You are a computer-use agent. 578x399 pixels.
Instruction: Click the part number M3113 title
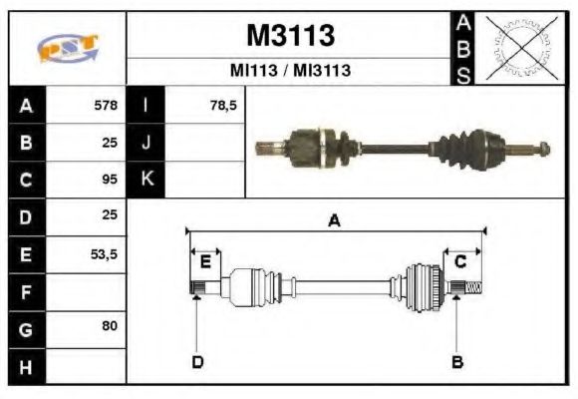pyautogui.click(x=289, y=36)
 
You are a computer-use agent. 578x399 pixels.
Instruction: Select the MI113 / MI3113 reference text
pyautogui.click(x=289, y=72)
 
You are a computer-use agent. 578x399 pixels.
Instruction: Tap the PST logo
pyautogui.click(x=68, y=48)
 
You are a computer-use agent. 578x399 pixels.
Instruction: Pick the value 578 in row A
pyautogui.click(x=106, y=105)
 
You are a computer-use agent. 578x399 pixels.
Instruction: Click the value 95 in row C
pyautogui.click(x=110, y=180)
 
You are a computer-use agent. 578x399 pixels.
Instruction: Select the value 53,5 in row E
pyautogui.click(x=104, y=254)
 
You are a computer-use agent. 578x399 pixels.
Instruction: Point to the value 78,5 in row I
pyautogui.click(x=223, y=105)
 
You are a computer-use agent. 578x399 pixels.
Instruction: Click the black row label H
pyautogui.click(x=27, y=366)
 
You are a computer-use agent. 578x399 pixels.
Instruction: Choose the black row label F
pyautogui.click(x=27, y=291)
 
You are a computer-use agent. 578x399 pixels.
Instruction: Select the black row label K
pyautogui.click(x=146, y=180)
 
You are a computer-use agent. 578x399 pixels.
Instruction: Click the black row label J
pyautogui.click(x=146, y=142)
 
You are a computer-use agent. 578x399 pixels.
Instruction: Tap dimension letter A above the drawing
pyautogui.click(x=334, y=221)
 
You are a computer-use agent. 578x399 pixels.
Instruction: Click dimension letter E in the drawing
pyautogui.click(x=205, y=262)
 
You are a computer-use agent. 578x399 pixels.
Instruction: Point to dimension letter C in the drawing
pyautogui.click(x=460, y=262)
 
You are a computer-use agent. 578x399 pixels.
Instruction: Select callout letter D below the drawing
pyautogui.click(x=197, y=361)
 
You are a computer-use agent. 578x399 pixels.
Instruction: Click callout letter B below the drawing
pyautogui.click(x=457, y=361)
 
